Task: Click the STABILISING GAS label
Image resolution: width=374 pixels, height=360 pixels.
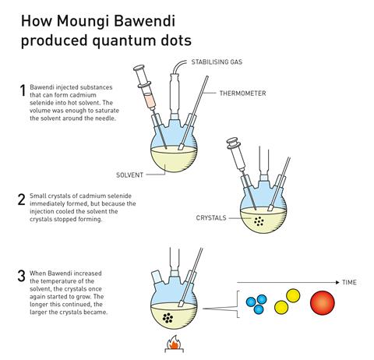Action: [217, 62]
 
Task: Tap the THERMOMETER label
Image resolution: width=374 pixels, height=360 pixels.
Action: [242, 94]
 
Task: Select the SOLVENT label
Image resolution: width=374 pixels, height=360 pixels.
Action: [129, 175]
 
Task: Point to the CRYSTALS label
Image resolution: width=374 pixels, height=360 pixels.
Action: [211, 218]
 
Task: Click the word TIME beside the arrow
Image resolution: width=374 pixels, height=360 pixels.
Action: [349, 282]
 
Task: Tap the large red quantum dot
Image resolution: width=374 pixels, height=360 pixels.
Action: [323, 303]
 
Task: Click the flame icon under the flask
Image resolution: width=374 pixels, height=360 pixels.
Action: [175, 343]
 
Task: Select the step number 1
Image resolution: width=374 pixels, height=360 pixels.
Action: [23, 90]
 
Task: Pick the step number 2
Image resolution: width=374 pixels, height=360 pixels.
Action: [22, 199]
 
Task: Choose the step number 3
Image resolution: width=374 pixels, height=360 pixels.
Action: [22, 276]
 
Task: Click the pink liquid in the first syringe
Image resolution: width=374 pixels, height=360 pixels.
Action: [150, 101]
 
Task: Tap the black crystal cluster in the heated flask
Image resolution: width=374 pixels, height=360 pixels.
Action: [168, 318]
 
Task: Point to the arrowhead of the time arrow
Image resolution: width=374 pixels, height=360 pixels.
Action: [337, 282]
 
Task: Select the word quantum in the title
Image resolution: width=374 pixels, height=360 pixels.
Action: [124, 41]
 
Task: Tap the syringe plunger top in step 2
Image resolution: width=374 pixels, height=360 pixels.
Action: [232, 142]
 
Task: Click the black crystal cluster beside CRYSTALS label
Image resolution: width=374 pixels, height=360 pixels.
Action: [259, 221]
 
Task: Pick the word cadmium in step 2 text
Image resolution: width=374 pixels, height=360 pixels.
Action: [91, 196]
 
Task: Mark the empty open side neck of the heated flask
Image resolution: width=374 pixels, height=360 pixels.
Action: [157, 277]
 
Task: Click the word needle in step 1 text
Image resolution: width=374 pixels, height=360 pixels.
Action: [105, 118]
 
